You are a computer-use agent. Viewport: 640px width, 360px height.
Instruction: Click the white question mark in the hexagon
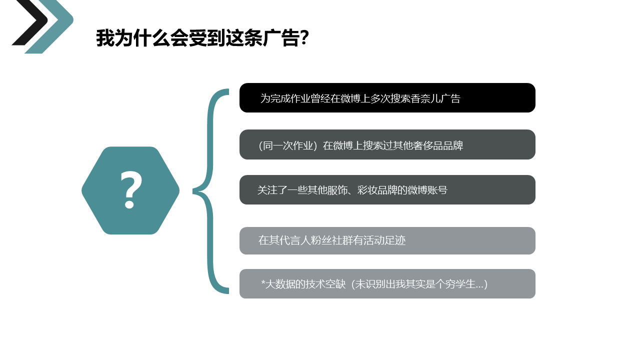click(131, 190)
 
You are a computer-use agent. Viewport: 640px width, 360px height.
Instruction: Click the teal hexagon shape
click(130, 190)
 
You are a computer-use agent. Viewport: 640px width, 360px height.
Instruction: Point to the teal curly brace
click(210, 191)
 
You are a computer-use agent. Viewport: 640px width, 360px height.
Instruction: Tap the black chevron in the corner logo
click(30, 22)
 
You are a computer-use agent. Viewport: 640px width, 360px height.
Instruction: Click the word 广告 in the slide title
click(281, 37)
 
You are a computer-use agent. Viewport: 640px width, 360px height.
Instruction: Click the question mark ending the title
click(304, 37)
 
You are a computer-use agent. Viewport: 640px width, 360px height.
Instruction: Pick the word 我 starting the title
click(105, 37)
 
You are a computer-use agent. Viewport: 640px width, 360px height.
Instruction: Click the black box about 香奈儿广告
click(387, 97)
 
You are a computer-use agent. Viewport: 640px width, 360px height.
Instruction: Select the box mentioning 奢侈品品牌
click(387, 144)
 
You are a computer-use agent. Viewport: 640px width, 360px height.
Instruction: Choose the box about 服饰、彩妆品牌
click(387, 189)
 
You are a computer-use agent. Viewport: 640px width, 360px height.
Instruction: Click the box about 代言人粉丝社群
click(387, 241)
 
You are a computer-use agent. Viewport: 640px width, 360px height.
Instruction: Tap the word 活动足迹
click(385, 240)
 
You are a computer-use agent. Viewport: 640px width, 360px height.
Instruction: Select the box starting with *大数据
click(387, 283)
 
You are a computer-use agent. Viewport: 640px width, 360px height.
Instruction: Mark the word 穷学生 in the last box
click(460, 284)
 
